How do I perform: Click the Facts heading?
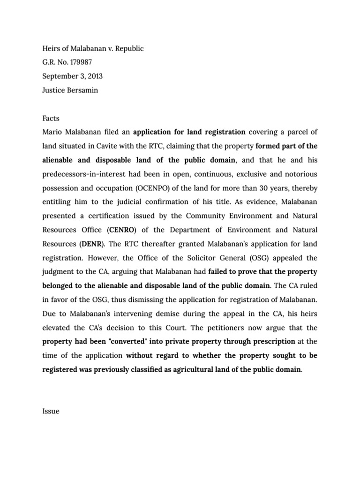click(51, 119)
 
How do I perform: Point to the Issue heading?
click(51, 411)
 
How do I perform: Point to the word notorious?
click(299, 174)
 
